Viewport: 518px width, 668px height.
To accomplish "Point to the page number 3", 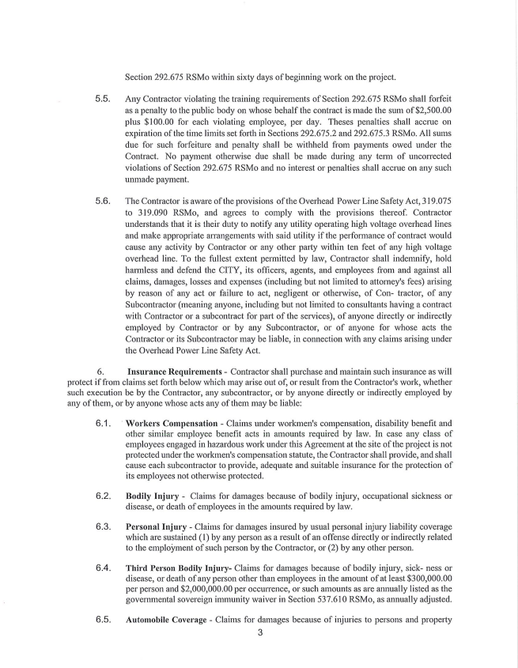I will point(259,632).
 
